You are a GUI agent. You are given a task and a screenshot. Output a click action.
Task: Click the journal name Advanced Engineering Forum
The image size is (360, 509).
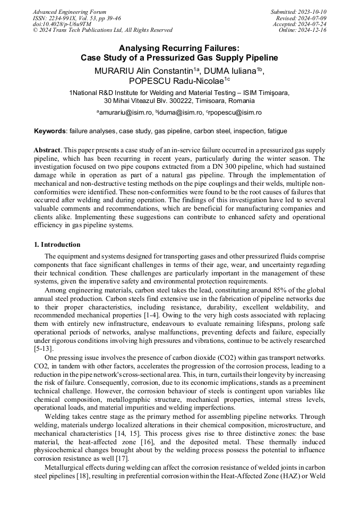point(70,12)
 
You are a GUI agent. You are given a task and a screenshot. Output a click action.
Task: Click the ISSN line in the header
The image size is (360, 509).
point(76,18)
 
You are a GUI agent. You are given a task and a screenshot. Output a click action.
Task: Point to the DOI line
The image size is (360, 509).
point(62,24)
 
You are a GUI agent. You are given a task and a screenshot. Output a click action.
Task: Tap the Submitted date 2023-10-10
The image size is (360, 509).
point(298,12)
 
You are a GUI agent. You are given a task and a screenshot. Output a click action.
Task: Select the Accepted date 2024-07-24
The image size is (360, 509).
point(299,24)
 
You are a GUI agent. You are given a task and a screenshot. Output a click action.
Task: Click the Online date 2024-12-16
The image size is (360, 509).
point(303,30)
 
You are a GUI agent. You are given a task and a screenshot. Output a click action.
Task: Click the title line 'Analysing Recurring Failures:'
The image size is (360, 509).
point(179,48)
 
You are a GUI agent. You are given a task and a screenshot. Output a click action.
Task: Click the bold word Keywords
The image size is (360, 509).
point(50,131)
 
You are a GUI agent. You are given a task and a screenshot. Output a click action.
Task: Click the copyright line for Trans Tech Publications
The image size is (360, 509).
point(102,30)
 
